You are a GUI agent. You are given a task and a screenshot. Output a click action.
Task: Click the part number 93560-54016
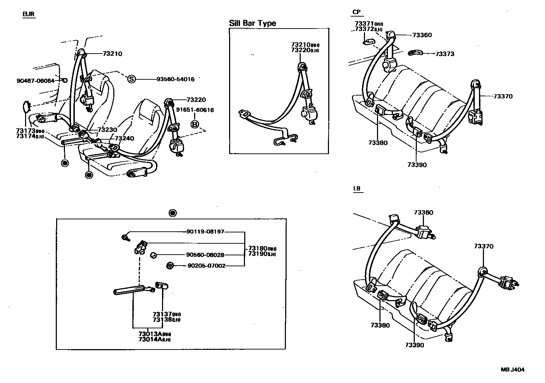(x=175, y=79)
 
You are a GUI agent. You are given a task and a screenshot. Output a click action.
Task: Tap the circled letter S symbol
(x=131, y=79)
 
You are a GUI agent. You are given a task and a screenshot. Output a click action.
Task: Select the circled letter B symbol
(x=194, y=124)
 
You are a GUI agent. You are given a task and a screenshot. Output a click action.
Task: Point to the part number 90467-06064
(x=35, y=81)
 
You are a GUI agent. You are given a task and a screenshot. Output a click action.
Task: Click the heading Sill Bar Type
(x=252, y=23)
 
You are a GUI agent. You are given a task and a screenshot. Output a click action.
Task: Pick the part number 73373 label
(x=445, y=54)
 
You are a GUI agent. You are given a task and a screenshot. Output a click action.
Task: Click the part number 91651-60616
(x=195, y=110)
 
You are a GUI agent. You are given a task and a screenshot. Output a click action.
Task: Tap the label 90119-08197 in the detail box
(x=205, y=232)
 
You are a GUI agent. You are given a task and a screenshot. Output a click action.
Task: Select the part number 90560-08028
(x=205, y=255)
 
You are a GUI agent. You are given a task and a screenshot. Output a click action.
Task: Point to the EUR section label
(x=29, y=14)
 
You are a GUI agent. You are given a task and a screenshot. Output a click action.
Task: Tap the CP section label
(x=357, y=12)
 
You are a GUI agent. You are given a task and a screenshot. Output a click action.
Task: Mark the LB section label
(x=357, y=189)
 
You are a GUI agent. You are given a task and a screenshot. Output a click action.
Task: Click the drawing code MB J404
(x=513, y=370)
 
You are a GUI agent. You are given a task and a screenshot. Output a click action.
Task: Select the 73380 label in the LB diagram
(x=380, y=325)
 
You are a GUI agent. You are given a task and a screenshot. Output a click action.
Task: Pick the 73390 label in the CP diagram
(x=417, y=165)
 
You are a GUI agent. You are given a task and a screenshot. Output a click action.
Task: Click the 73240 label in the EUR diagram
(x=125, y=138)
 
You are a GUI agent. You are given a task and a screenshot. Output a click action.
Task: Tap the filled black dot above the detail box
(x=172, y=213)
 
